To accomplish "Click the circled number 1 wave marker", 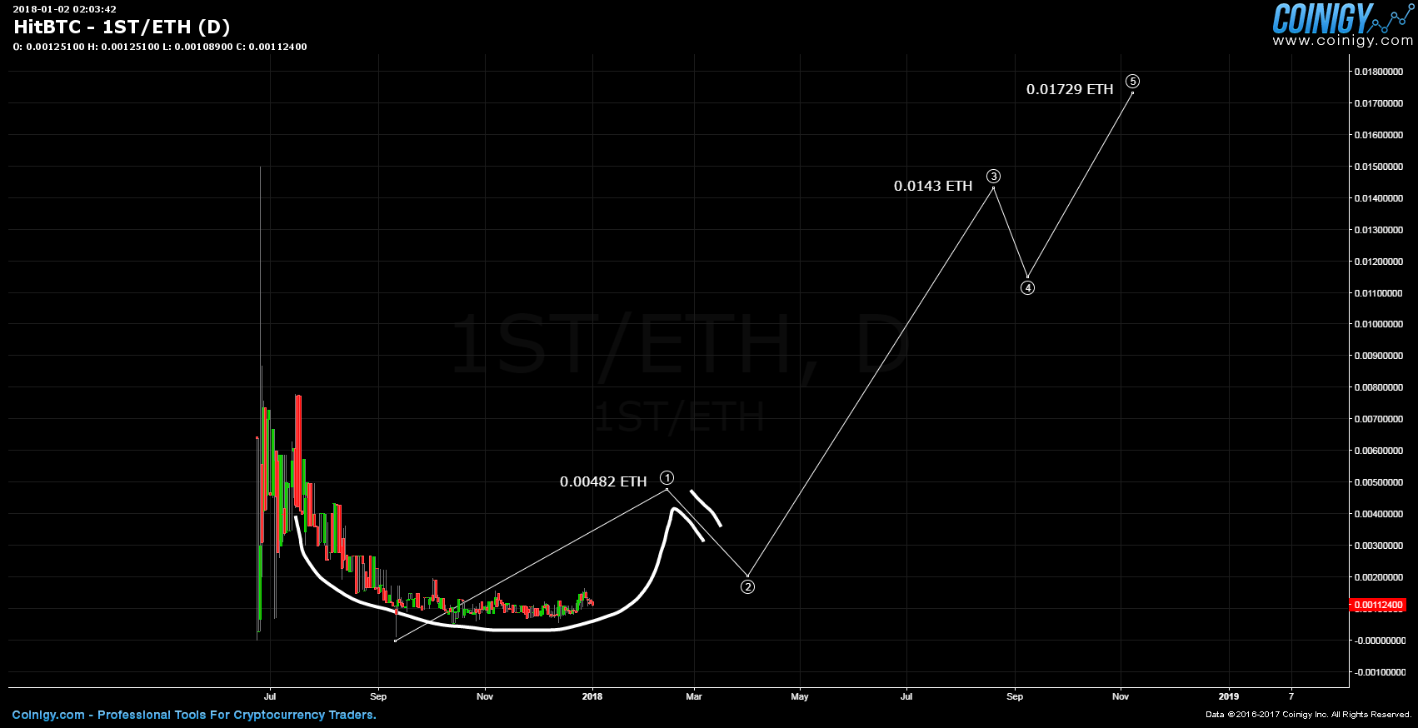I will [667, 477].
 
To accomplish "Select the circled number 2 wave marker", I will [748, 587].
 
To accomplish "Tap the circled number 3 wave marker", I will [993, 177].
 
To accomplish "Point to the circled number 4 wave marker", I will [1028, 288].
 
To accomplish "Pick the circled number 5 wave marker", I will [1132, 82].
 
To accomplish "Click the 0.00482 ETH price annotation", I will [603, 482].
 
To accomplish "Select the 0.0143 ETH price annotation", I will [933, 187].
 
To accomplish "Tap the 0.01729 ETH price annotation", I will [1070, 90].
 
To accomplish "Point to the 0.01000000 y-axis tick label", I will [1379, 325].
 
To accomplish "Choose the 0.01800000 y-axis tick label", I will [1379, 72].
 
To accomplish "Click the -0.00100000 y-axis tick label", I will [1379, 672].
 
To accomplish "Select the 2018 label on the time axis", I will [592, 696].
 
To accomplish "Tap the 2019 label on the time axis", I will [1228, 696].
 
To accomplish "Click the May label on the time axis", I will [800, 696].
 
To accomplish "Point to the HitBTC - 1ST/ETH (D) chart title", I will [122, 27].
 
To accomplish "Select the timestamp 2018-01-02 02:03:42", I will [64, 9].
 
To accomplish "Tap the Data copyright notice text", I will [1308, 715].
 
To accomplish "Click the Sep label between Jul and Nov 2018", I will [1015, 696].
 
